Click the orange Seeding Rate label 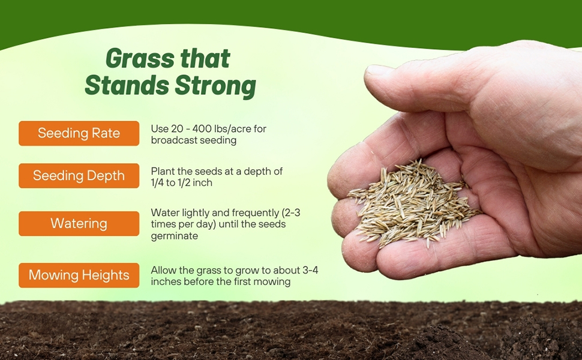coord(79,133)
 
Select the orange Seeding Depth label coord(79,176)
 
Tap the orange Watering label coord(79,223)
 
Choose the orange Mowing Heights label coord(79,275)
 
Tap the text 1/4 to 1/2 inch coord(181,183)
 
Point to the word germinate coord(175,236)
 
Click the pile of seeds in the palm coord(414,201)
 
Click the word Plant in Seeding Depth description coord(162,172)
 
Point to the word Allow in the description coord(163,271)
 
